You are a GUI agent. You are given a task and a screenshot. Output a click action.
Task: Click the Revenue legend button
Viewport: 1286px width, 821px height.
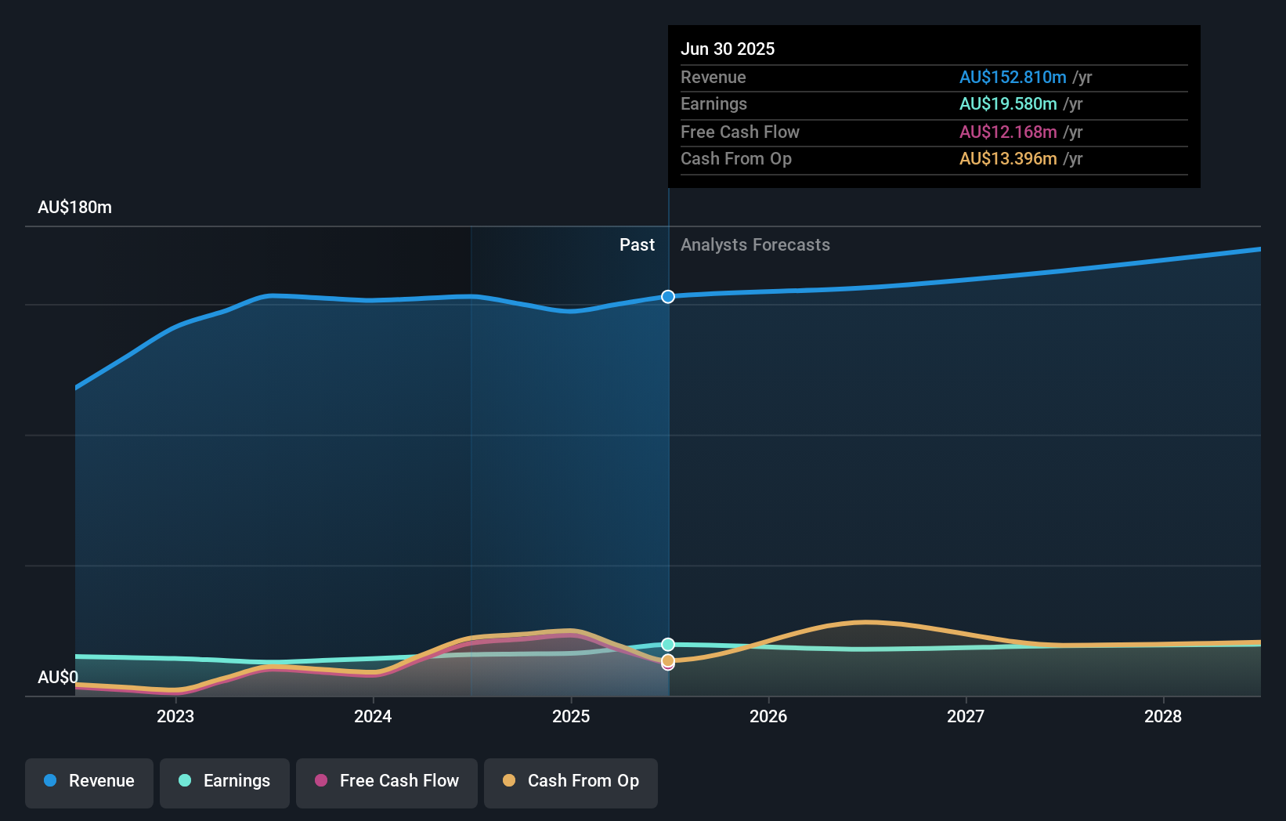[89, 781]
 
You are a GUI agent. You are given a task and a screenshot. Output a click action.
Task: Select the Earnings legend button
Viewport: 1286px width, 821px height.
[225, 781]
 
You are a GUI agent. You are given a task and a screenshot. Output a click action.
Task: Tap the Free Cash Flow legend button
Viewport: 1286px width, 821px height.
[387, 781]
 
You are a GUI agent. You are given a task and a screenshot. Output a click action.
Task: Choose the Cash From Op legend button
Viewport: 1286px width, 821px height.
[571, 781]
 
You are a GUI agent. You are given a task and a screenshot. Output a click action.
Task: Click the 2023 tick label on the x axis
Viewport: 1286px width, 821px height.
[175, 716]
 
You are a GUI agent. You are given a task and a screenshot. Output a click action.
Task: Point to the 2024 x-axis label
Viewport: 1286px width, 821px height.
[373, 716]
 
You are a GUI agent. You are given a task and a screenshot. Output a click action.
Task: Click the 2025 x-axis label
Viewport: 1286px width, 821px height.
[571, 716]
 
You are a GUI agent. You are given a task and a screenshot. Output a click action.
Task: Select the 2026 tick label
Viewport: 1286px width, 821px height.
[768, 716]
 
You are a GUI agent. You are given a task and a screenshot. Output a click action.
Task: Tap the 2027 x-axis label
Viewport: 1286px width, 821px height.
[966, 716]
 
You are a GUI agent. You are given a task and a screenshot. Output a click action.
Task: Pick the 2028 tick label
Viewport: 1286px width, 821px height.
[1163, 716]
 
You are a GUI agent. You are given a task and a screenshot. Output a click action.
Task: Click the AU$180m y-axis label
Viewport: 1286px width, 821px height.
[75, 208]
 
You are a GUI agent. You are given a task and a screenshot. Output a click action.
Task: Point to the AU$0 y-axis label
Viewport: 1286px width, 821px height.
[58, 677]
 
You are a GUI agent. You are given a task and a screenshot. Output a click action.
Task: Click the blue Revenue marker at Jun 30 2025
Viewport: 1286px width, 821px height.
[668, 297]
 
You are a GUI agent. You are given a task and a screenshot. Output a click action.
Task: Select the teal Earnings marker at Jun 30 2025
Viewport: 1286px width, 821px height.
[668, 645]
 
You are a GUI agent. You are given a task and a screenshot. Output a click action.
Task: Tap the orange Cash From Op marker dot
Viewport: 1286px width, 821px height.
[668, 660]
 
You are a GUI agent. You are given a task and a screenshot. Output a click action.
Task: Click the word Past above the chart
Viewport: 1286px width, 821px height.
[637, 245]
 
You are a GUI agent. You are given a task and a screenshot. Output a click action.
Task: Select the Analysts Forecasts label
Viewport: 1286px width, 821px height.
[755, 245]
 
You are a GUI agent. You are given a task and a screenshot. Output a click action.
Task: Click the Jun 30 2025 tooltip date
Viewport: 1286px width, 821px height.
[728, 49]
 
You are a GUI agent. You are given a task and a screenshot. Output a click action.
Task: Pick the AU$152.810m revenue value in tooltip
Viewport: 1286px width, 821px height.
[1013, 78]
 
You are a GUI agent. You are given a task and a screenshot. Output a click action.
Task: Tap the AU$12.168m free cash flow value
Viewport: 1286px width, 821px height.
[1008, 132]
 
